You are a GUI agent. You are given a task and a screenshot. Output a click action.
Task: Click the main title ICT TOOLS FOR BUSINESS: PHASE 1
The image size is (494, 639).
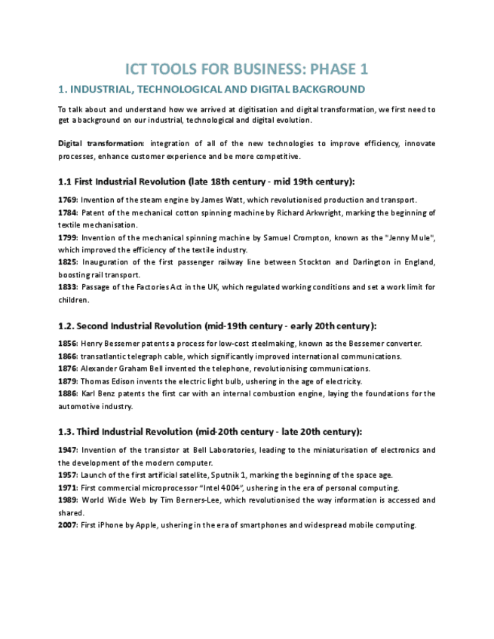[x=247, y=69]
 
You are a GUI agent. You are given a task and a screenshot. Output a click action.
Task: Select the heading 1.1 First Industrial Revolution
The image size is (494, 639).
[x=206, y=182]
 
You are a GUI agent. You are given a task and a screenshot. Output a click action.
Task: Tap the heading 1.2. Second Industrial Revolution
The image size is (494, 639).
[x=217, y=326]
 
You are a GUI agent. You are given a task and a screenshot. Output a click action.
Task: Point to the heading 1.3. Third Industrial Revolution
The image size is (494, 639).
[x=210, y=432]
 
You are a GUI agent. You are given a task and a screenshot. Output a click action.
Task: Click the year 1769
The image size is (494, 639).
[x=68, y=200]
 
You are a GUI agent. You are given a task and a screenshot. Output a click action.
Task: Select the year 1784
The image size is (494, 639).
[x=68, y=212]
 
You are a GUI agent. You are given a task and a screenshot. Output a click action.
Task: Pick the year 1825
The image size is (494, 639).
[x=68, y=262]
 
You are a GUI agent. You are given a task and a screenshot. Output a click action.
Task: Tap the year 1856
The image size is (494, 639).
[x=68, y=344]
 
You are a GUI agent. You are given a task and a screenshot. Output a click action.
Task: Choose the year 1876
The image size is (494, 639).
[x=68, y=368]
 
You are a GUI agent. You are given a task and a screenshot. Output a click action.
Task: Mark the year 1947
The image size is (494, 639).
[x=68, y=450]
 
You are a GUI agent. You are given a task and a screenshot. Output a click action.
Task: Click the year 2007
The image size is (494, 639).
[x=68, y=525]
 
